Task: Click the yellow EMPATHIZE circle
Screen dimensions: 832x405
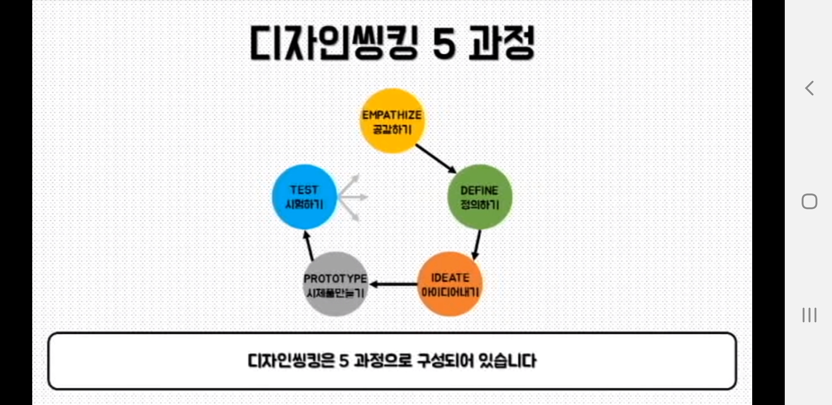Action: point(392,121)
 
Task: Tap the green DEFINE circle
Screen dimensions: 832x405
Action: point(480,197)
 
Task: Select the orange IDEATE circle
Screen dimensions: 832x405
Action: point(450,284)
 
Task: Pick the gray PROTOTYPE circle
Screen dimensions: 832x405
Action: point(335,284)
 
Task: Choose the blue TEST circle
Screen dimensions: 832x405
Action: point(304,197)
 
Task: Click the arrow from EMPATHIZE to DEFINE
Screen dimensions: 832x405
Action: point(435,159)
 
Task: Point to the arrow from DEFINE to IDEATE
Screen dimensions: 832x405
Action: point(477,244)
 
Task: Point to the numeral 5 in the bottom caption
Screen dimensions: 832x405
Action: point(344,361)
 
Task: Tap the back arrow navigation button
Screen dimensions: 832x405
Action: point(810,88)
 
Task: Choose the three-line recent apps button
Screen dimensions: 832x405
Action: point(810,315)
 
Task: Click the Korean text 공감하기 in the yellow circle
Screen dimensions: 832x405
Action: point(392,130)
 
